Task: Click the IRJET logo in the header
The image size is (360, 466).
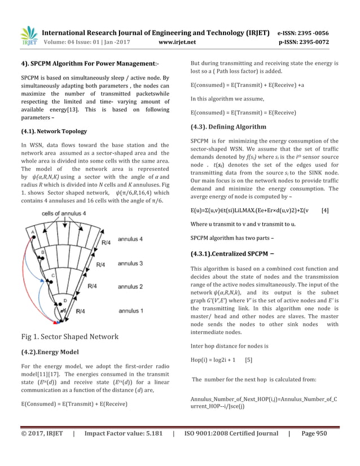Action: click(x=28, y=36)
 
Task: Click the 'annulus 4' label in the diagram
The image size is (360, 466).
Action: click(x=130, y=239)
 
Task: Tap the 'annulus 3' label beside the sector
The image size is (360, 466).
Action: click(x=130, y=263)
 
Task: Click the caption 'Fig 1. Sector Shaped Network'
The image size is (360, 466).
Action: click(x=69, y=337)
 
